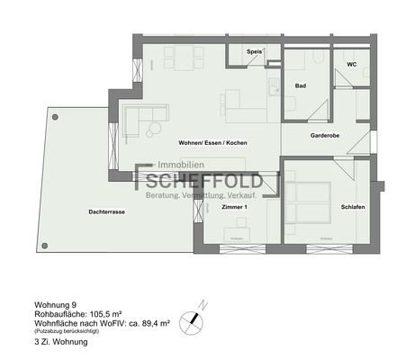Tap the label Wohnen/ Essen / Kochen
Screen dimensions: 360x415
click(x=213, y=143)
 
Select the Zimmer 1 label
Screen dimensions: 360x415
click(x=233, y=207)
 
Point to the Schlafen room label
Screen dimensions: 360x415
click(x=352, y=207)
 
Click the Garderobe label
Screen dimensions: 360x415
click(x=324, y=136)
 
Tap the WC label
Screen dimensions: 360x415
click(x=352, y=64)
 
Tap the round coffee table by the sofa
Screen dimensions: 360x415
click(x=152, y=131)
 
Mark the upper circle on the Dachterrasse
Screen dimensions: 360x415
click(x=56, y=115)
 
